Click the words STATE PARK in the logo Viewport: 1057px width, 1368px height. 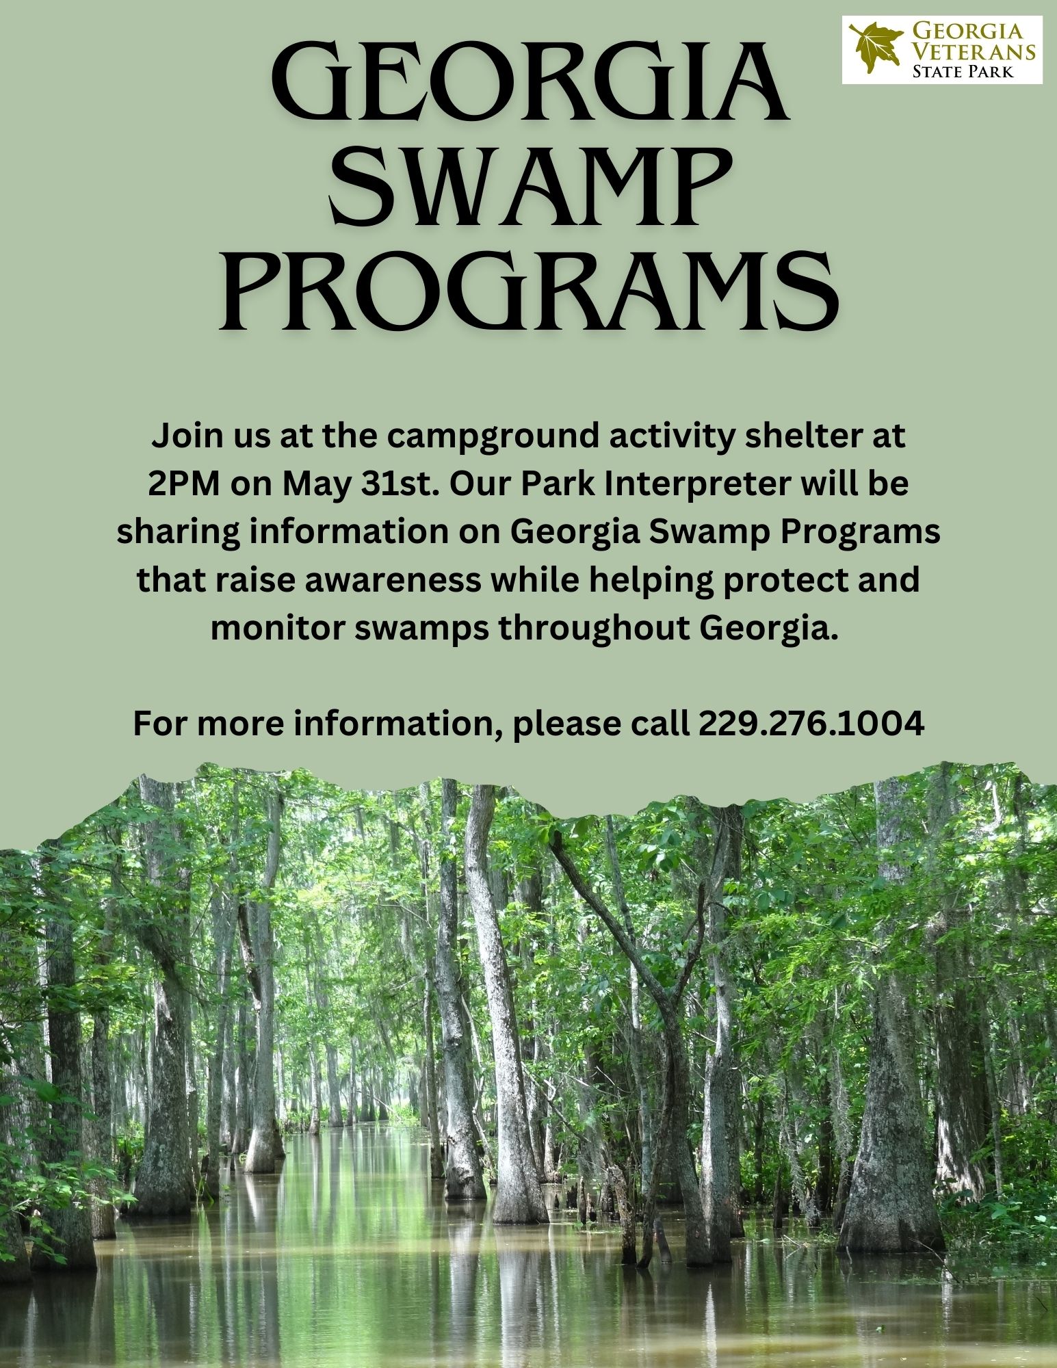pos(963,71)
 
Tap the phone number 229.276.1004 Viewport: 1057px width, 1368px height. pos(811,724)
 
